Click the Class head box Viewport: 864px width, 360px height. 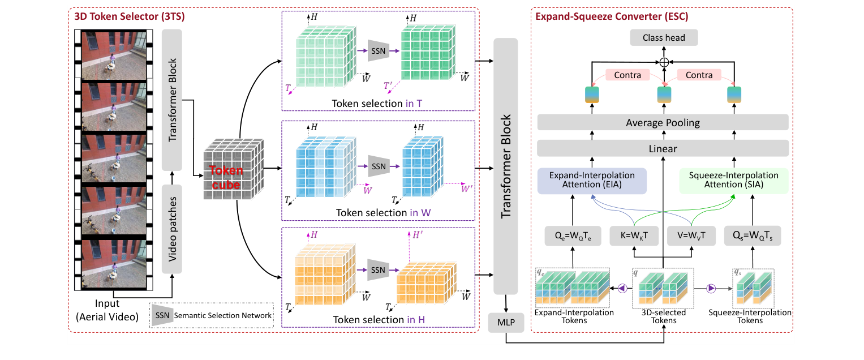(664, 38)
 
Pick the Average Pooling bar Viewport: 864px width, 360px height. (662, 123)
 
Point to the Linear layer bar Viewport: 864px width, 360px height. (662, 149)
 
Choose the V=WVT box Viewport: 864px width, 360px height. (691, 235)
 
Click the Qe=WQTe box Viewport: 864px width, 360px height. (573, 235)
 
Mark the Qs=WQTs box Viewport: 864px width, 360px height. (753, 235)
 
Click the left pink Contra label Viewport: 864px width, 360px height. (627, 75)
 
